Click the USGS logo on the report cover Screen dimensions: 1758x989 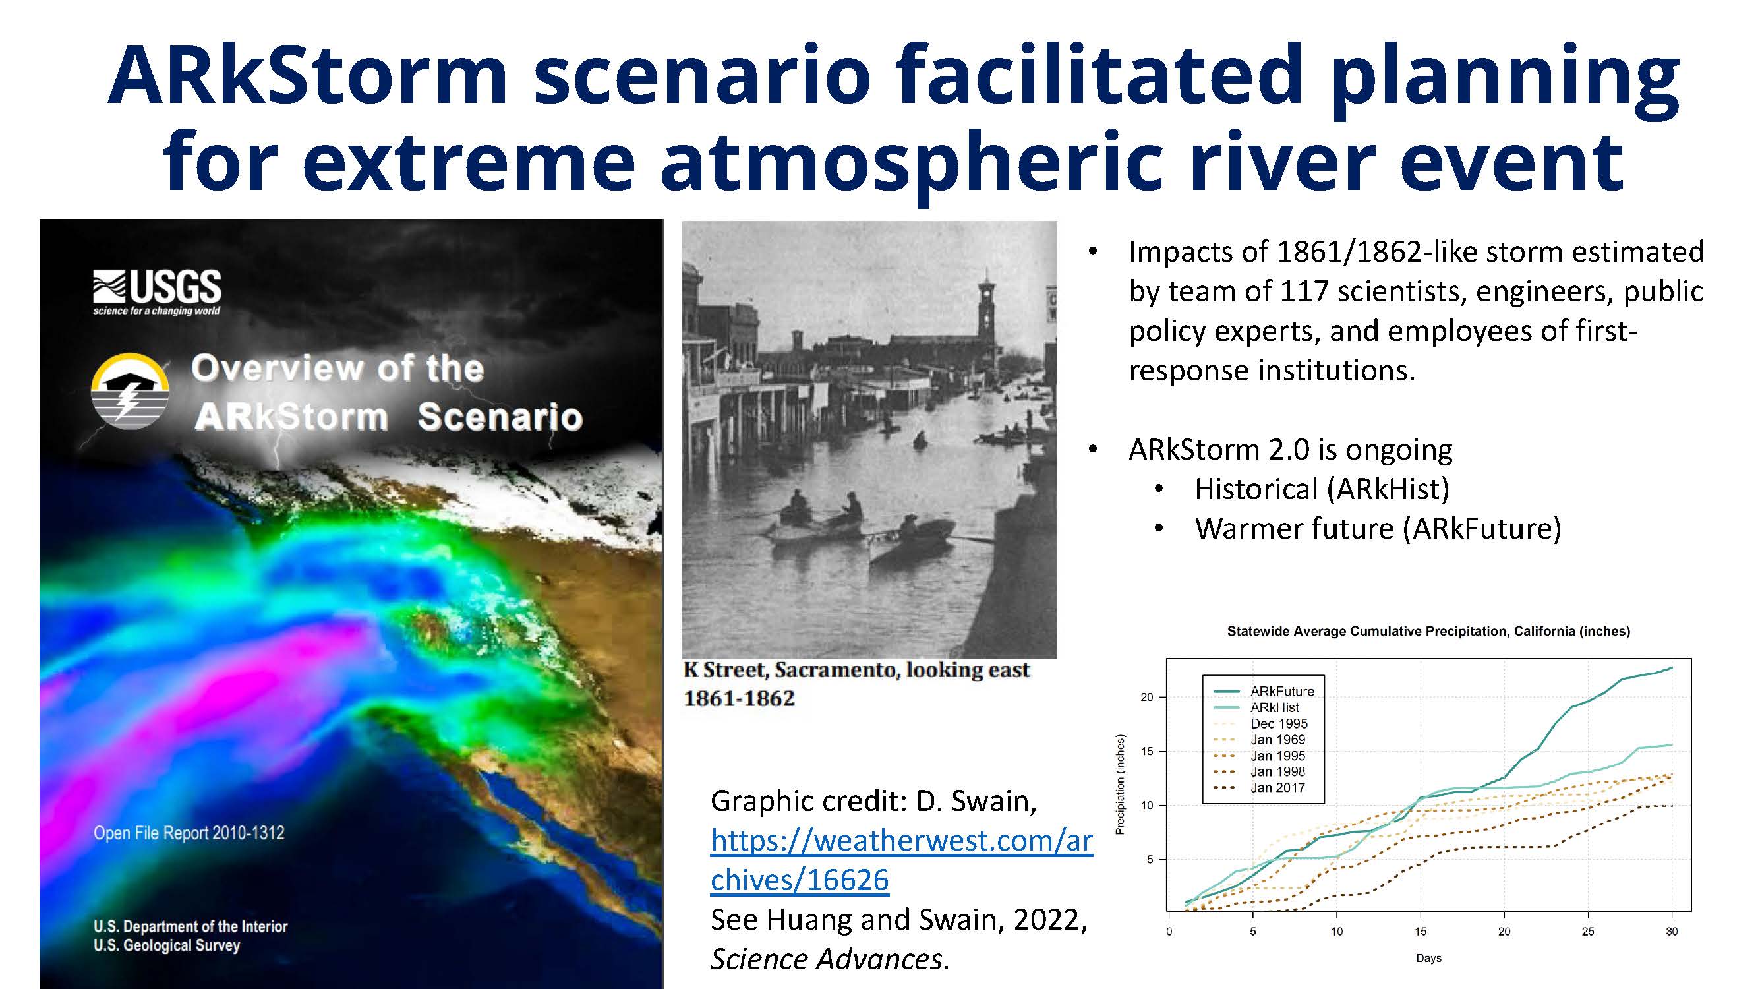coord(157,292)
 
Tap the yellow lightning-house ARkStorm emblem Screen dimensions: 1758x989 coord(130,390)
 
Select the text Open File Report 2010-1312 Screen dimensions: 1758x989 coord(189,833)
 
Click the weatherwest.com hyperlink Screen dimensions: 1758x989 coord(902,860)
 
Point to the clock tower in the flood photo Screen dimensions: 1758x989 coord(986,311)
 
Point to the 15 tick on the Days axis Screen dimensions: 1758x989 coord(1421,931)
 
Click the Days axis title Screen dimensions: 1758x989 coord(1428,958)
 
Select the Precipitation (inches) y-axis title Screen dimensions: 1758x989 coord(1120,785)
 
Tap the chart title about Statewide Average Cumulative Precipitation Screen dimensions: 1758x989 coord(1428,632)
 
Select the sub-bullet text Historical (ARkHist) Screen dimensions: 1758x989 coord(1322,489)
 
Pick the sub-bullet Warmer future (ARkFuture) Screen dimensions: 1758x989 coord(1378,529)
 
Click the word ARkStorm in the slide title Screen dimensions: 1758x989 coord(308,75)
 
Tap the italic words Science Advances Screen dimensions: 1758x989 coord(830,959)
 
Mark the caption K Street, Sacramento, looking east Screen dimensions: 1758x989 coord(856,671)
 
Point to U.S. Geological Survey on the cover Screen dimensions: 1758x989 coord(167,945)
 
